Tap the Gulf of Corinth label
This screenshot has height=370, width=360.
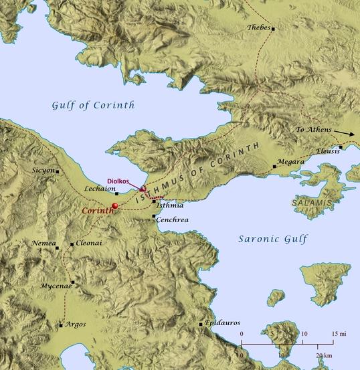click(93, 105)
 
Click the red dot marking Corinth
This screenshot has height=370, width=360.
click(114, 205)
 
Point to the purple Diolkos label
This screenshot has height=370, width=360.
click(121, 181)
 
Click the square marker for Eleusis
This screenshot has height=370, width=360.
click(341, 147)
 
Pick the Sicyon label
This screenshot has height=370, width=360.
click(43, 171)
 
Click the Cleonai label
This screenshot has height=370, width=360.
click(90, 244)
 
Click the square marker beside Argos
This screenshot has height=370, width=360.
click(61, 326)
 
